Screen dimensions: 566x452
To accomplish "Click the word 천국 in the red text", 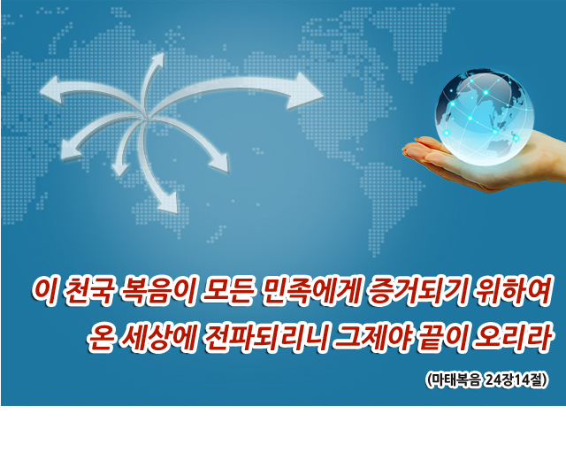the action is pos(87,291).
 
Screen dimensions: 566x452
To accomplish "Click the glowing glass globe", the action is pos(485,117).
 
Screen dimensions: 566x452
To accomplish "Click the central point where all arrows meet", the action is pos(147,116).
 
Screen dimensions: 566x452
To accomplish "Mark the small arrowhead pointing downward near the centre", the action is pos(120,169).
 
